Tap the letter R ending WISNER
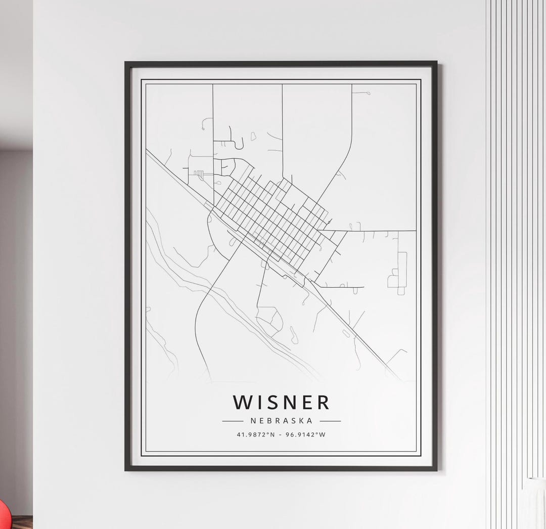[323, 403]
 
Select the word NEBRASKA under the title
[281, 420]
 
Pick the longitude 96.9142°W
[306, 434]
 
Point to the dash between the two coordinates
[280, 434]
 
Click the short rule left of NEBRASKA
[233, 420]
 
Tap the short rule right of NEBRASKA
[330, 420]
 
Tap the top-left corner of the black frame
[126, 63]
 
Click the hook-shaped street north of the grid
[237, 139]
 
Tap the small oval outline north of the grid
[253, 136]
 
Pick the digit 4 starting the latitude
[238, 434]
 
